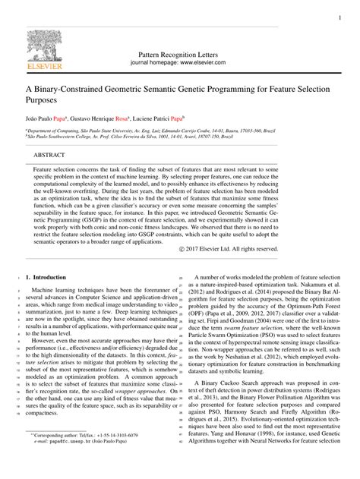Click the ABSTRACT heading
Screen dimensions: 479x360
click(x=49, y=154)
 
